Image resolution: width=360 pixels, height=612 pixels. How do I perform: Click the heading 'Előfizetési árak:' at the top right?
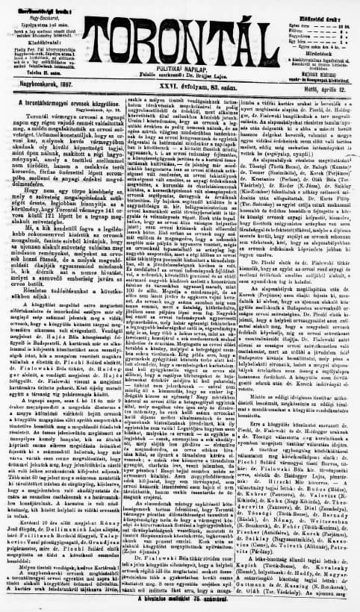point(320,7)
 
